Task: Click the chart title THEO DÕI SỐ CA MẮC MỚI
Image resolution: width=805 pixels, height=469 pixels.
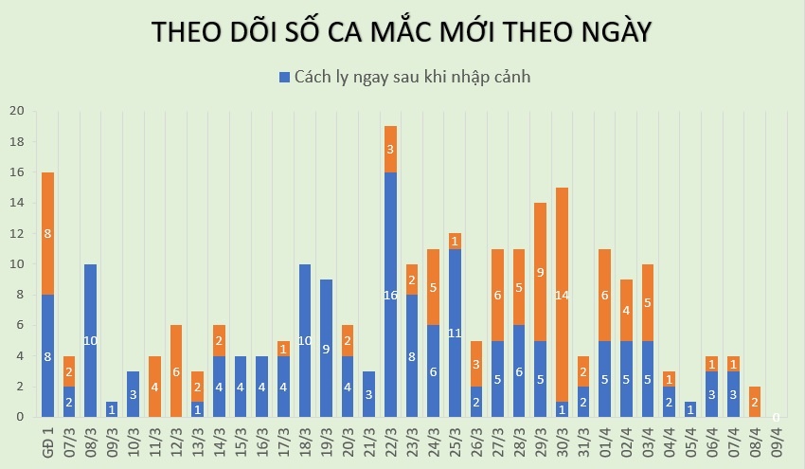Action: click(402, 32)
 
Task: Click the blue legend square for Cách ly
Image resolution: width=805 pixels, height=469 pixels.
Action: click(284, 77)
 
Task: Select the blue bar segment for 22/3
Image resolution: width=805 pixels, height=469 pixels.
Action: click(390, 294)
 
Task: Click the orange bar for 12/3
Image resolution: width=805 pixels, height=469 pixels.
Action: click(176, 370)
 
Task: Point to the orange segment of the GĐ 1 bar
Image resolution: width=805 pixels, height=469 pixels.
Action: click(48, 233)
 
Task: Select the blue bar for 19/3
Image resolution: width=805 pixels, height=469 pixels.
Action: click(326, 348)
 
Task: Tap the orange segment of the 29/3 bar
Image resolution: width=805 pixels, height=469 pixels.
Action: click(540, 271)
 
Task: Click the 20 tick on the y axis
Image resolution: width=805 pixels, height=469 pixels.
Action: click(16, 111)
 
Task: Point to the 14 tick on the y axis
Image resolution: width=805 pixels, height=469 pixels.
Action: click(16, 203)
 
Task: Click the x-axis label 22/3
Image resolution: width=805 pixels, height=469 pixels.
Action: click(390, 443)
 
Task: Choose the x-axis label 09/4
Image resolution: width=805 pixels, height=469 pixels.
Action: click(776, 443)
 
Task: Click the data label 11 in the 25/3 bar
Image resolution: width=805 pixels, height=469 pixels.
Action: click(455, 333)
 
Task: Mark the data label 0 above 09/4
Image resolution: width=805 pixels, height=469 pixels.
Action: click(776, 417)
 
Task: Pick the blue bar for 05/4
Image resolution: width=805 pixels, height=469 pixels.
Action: click(689, 408)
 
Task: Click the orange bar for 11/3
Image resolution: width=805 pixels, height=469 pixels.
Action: click(154, 386)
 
